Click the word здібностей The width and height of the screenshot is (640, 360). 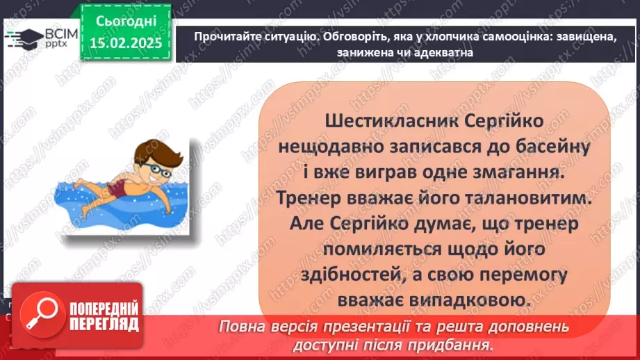tap(373, 275)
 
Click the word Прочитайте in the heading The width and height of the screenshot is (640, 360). tap(222, 38)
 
